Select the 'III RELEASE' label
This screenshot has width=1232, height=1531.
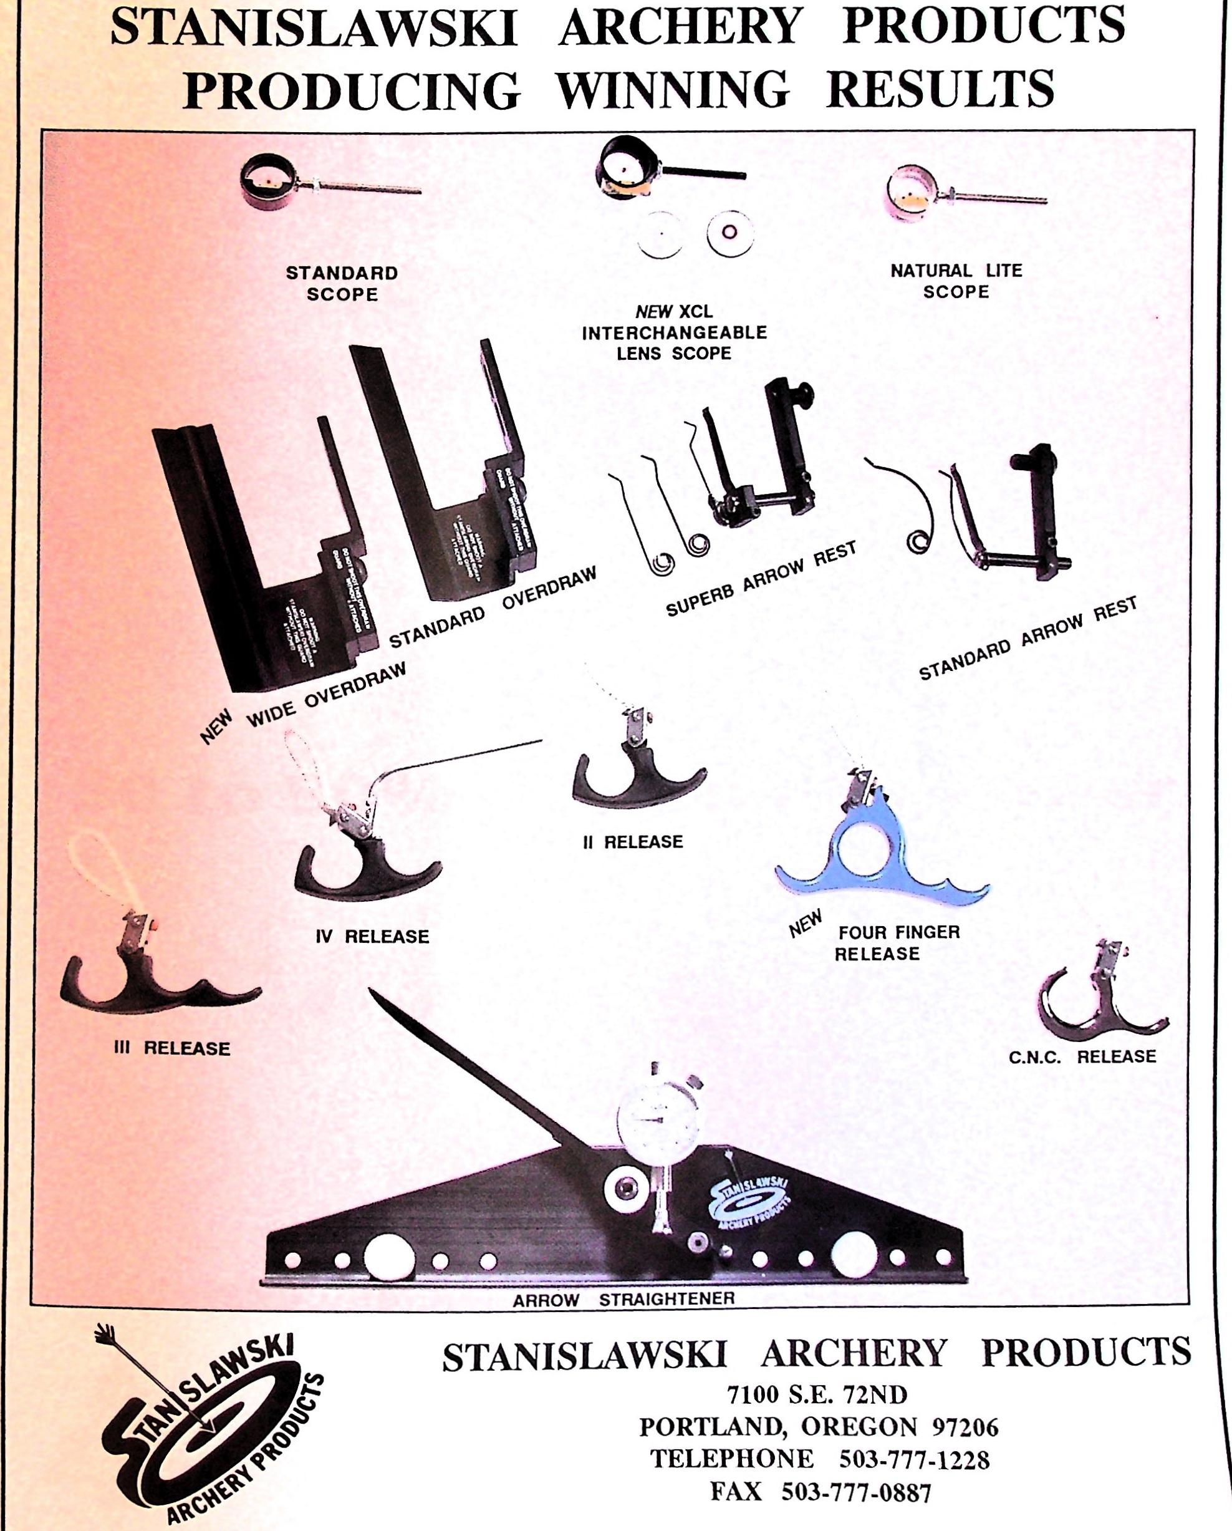click(172, 1048)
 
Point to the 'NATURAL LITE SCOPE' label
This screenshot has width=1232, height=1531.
click(956, 281)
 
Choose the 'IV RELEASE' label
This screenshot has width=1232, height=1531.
click(372, 937)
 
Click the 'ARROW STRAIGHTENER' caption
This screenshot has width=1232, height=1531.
click(623, 1300)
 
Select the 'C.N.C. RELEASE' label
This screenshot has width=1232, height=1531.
click(1082, 1056)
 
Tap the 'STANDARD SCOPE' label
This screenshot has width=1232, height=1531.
click(342, 283)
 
